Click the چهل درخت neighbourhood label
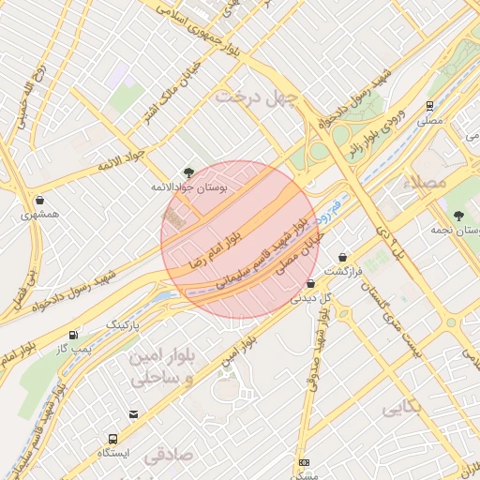[256, 97]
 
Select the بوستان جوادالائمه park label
[196, 187]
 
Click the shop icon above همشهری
[39, 200]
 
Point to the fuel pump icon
[74, 335]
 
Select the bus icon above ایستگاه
[113, 438]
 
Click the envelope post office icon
[133, 413]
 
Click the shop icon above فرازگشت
[343, 256]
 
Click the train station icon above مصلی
[429, 106]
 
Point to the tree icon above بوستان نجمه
[457, 216]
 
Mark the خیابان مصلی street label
[300, 254]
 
